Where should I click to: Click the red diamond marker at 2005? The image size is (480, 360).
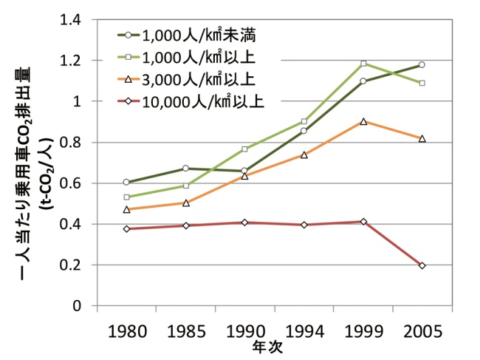(422, 265)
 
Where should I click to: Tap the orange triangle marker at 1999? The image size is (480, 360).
(363, 121)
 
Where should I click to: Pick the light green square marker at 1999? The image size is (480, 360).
(363, 64)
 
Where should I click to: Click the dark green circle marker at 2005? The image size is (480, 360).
(422, 65)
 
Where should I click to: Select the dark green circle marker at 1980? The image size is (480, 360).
(126, 182)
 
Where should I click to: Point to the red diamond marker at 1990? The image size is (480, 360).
(244, 223)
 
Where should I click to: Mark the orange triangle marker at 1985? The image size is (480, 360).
(185, 203)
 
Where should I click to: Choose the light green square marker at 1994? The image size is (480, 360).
(304, 121)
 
